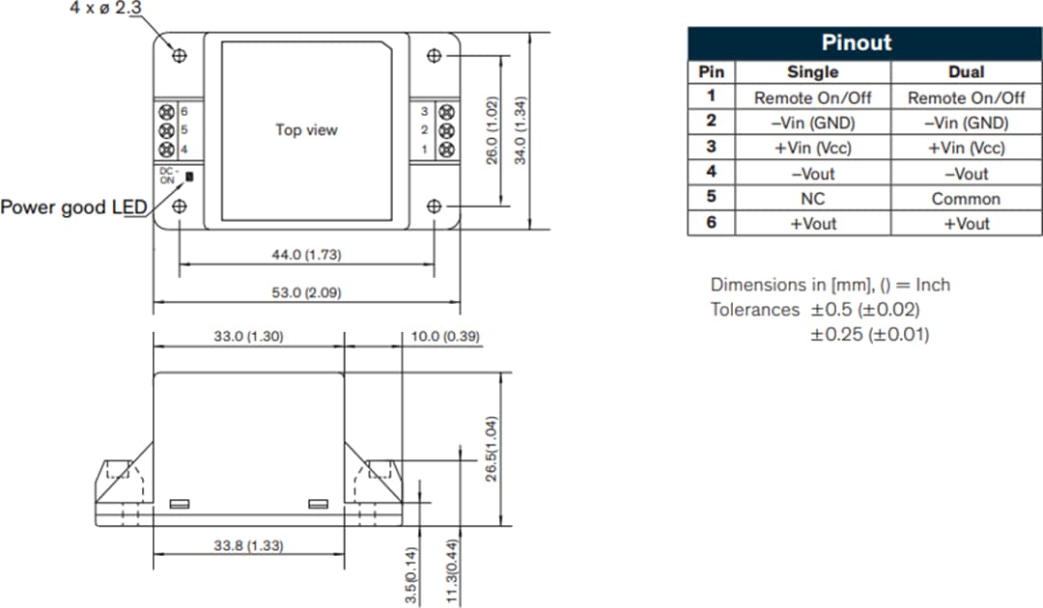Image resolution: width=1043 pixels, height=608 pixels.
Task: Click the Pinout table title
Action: pos(856,42)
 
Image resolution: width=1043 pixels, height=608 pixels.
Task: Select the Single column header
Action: pos(812,71)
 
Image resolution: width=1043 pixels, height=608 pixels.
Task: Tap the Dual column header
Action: pos(966,71)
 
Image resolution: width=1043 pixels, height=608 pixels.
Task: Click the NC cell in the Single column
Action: pos(812,198)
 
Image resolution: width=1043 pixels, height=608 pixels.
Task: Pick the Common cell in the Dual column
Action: pos(966,198)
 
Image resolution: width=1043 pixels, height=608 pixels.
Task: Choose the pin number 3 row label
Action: pos(711,148)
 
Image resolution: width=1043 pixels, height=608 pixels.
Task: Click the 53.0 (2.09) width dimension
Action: pos(307,291)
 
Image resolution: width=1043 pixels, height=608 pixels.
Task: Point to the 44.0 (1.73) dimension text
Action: pos(307,255)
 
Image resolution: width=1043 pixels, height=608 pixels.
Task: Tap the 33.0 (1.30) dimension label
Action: pos(248,336)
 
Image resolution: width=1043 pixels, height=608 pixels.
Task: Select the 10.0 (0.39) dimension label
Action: pos(445,336)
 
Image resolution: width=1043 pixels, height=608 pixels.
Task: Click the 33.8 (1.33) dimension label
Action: pos(248,545)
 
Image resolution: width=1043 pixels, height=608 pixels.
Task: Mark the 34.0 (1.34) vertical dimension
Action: pos(521,130)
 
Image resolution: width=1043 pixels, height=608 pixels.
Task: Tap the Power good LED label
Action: pos(73,207)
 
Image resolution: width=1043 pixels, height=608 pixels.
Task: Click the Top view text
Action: pos(307,129)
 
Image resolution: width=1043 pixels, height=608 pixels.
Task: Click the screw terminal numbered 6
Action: pos(166,112)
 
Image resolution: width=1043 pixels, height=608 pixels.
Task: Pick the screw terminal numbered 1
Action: pos(446,149)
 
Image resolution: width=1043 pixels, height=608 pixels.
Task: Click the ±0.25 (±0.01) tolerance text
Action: pos(869,334)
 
